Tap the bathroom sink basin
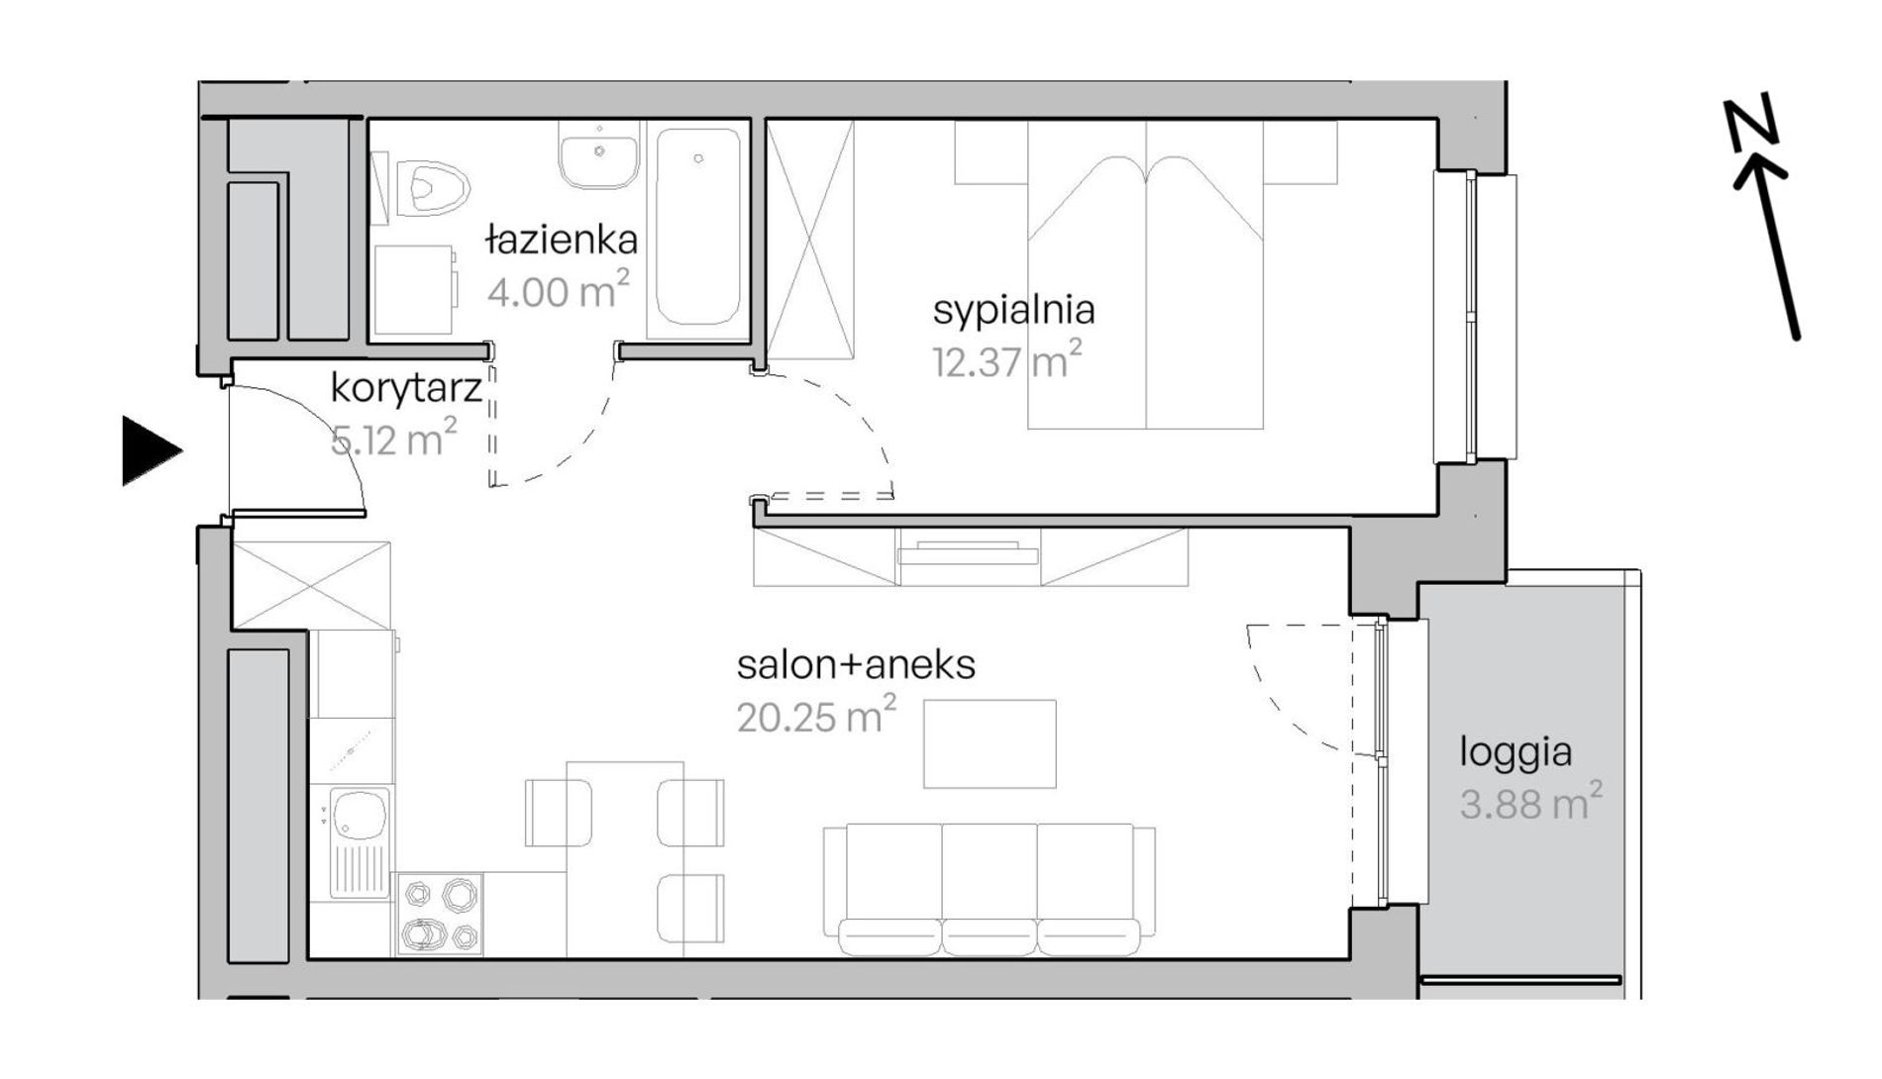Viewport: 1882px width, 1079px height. point(598,156)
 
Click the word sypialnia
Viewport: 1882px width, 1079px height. point(1013,311)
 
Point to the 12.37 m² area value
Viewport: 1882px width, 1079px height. point(1006,361)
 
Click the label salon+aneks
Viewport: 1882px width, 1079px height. point(856,664)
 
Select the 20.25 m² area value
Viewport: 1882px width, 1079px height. point(817,715)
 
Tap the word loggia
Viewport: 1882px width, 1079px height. point(1516,753)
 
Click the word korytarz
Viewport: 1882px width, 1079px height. point(406,388)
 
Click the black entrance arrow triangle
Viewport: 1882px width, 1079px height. point(151,451)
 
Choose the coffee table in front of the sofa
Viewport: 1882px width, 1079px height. point(990,744)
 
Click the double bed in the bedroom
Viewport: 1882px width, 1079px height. point(1145,275)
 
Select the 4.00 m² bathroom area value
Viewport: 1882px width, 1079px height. point(558,291)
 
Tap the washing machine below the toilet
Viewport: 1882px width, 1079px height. point(415,289)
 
